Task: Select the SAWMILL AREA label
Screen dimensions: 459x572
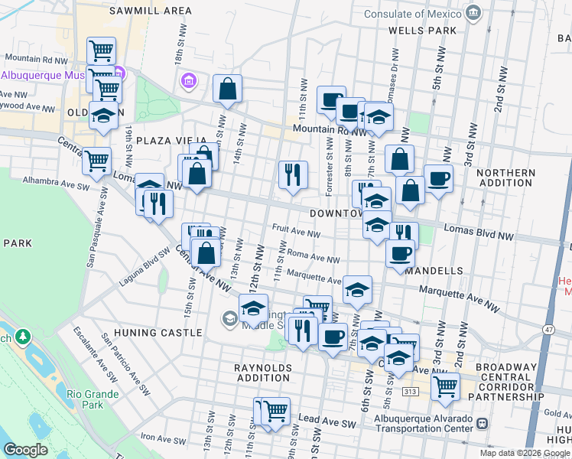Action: pyautogui.click(x=151, y=11)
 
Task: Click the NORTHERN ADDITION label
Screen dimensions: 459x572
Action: pyautogui.click(x=505, y=178)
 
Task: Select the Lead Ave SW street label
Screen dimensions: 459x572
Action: pyautogui.click(x=328, y=420)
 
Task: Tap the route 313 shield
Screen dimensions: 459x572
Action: pyautogui.click(x=410, y=392)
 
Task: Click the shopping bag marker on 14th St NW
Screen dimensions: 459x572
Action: pyautogui.click(x=228, y=90)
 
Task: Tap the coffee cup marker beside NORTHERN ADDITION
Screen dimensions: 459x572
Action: pyautogui.click(x=438, y=179)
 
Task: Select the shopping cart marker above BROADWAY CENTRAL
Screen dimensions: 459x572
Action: pyautogui.click(x=444, y=386)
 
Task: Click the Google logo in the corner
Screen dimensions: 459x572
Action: pyautogui.click(x=25, y=449)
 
